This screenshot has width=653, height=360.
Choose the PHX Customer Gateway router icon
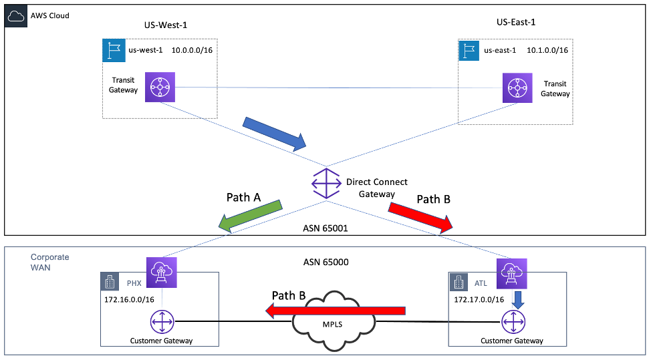(x=161, y=323)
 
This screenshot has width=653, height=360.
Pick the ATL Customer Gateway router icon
(x=511, y=323)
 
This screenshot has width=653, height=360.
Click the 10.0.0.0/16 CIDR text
(x=192, y=50)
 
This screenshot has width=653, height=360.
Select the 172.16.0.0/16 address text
(x=130, y=299)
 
